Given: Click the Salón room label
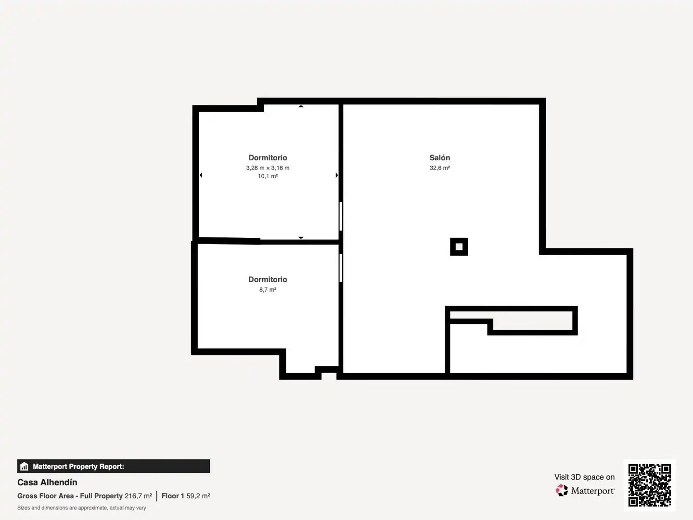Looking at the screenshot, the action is pos(439,157).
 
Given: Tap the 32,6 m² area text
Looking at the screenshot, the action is pos(439,168).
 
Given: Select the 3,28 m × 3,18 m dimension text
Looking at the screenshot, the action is pos(268,168).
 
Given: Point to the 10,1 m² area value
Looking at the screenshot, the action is pos(268,176).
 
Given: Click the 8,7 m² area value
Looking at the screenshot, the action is pos(268,290).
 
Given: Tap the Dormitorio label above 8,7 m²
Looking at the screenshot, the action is pos(268,279).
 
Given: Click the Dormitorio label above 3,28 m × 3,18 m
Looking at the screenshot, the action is pos(268,157).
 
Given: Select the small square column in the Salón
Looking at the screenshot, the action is pos(459,247).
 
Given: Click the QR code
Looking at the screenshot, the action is pos(649,485).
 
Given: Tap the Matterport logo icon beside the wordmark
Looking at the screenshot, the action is pos(562,490).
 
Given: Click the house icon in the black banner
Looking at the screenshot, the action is pos(25,467).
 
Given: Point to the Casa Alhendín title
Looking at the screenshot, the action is pos(47,482).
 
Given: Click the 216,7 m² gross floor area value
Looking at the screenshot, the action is pos(138,496).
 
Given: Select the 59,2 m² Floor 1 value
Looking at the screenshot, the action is pos(198,496).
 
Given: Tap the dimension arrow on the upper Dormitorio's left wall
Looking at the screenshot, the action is pos(201,175).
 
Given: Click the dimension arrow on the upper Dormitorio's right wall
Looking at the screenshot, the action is pos(336,175).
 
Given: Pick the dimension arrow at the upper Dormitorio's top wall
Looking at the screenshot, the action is pos(301,106).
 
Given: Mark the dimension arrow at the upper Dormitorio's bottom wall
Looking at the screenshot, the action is pos(301,237).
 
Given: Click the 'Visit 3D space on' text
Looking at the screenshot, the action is pos(584,477).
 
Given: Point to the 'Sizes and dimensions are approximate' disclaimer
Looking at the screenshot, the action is pos(82,508).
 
